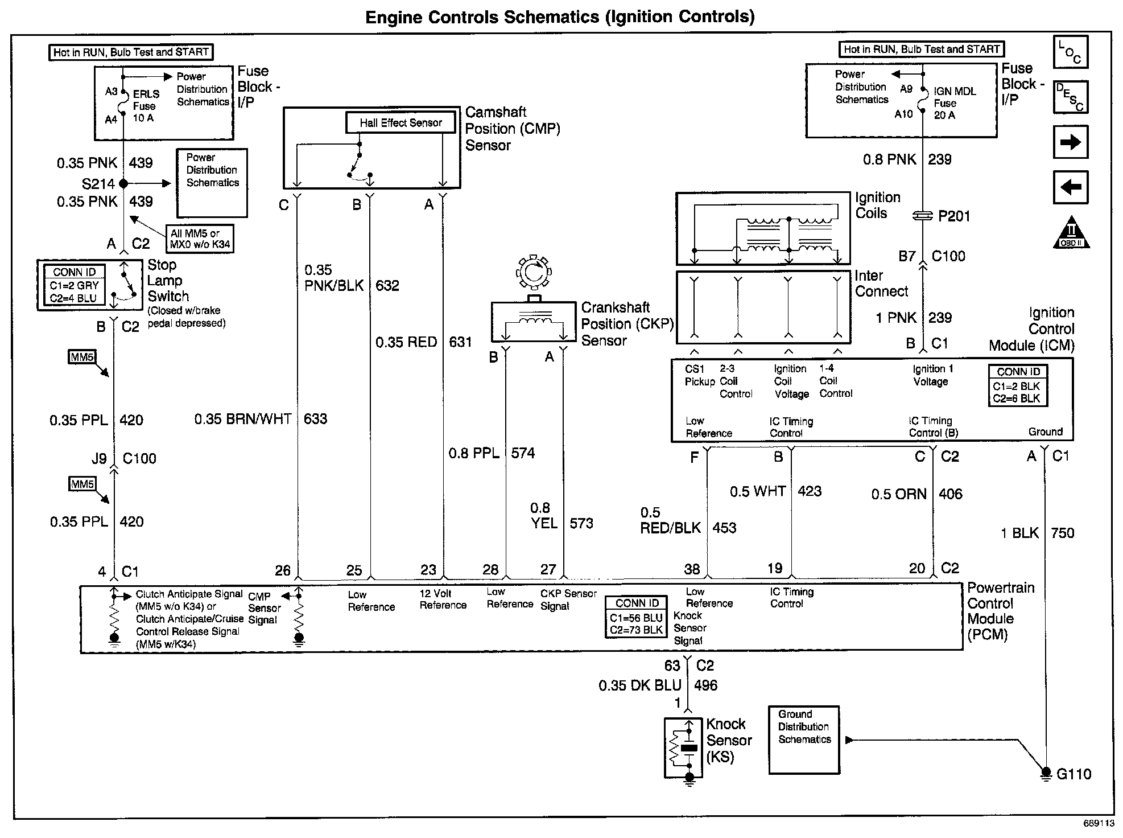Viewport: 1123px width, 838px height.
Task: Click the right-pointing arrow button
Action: click(x=1070, y=142)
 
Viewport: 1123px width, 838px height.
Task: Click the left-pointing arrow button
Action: click(x=1070, y=187)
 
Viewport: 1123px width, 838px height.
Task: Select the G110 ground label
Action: click(x=1074, y=774)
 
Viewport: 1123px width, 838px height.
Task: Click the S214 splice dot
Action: click(x=123, y=183)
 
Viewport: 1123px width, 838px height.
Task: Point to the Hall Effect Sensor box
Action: click(x=401, y=122)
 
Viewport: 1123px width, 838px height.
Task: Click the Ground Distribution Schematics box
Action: click(x=804, y=740)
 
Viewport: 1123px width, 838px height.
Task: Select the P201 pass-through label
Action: click(x=953, y=216)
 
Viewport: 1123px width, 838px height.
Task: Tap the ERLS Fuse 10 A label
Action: click(x=145, y=106)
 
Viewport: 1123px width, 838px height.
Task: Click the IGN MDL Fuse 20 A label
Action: click(x=954, y=103)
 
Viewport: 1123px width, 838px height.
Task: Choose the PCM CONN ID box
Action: click(x=637, y=617)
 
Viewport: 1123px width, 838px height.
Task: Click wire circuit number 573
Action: click(x=581, y=523)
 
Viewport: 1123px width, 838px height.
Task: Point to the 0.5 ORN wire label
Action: click(x=899, y=494)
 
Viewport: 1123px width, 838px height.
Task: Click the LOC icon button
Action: click(x=1070, y=52)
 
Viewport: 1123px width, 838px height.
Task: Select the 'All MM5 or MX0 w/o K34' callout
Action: click(x=200, y=239)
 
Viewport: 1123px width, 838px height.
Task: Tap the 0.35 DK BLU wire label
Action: click(x=639, y=685)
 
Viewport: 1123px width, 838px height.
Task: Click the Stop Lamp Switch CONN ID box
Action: click(x=74, y=285)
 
